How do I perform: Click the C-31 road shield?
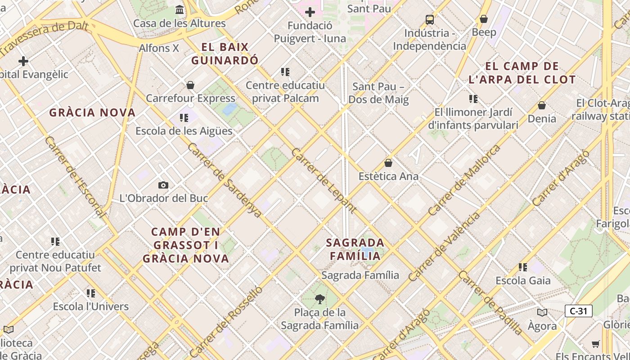pyautogui.click(x=578, y=311)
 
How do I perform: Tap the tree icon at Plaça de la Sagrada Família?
pyautogui.click(x=320, y=299)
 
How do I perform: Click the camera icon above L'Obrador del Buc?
pyautogui.click(x=163, y=185)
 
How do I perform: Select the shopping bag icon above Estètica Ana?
pyautogui.click(x=388, y=163)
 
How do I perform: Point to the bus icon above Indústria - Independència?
pyautogui.click(x=430, y=20)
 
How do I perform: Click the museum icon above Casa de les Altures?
pyautogui.click(x=180, y=10)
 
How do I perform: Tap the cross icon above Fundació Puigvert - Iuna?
pyautogui.click(x=310, y=12)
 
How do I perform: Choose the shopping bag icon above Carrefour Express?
pyautogui.click(x=190, y=85)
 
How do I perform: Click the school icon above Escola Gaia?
pyautogui.click(x=522, y=267)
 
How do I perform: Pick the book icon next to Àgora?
pyautogui.click(x=542, y=313)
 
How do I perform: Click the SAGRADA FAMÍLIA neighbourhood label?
pyautogui.click(x=355, y=249)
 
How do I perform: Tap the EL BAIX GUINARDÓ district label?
pyautogui.click(x=225, y=54)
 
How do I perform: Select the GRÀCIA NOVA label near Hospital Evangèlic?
pyautogui.click(x=92, y=112)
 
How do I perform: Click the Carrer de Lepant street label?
pyautogui.click(x=324, y=180)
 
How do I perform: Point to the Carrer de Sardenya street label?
pyautogui.click(x=224, y=180)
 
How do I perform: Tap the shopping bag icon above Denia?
pyautogui.click(x=542, y=105)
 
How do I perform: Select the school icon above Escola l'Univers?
pyautogui.click(x=91, y=293)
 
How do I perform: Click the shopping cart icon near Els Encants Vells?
pyautogui.click(x=596, y=344)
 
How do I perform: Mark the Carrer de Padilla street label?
pyautogui.click(x=490, y=302)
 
